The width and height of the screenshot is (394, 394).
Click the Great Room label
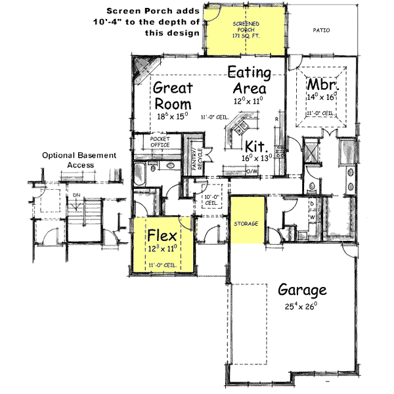pos(173,96)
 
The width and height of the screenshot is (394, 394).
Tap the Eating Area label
pos(247,79)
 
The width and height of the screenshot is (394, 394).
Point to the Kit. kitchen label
pos(255,146)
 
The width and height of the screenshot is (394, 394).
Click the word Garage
pos(301,290)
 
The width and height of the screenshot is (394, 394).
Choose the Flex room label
pos(162,235)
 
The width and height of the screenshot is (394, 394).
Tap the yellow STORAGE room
pos(246,224)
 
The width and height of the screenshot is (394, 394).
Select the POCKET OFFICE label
pos(160,142)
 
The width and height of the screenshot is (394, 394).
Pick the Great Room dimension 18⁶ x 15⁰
pos(173,116)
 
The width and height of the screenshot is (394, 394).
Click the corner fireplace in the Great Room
pos(143,66)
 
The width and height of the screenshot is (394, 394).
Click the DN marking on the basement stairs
pos(76,195)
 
